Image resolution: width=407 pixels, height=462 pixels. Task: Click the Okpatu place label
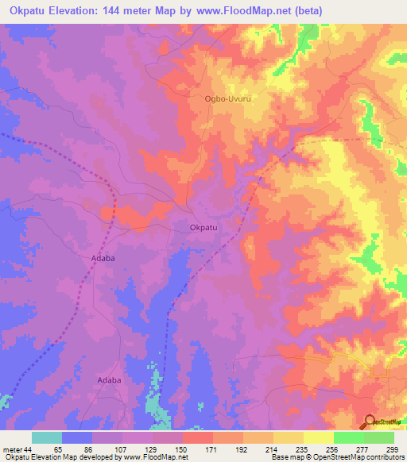204,228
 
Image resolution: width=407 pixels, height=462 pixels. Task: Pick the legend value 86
92,449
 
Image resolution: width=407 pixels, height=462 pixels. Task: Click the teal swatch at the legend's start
47,437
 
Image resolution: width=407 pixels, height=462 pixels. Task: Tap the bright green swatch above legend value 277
348,437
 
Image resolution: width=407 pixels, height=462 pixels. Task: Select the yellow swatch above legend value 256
318,437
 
